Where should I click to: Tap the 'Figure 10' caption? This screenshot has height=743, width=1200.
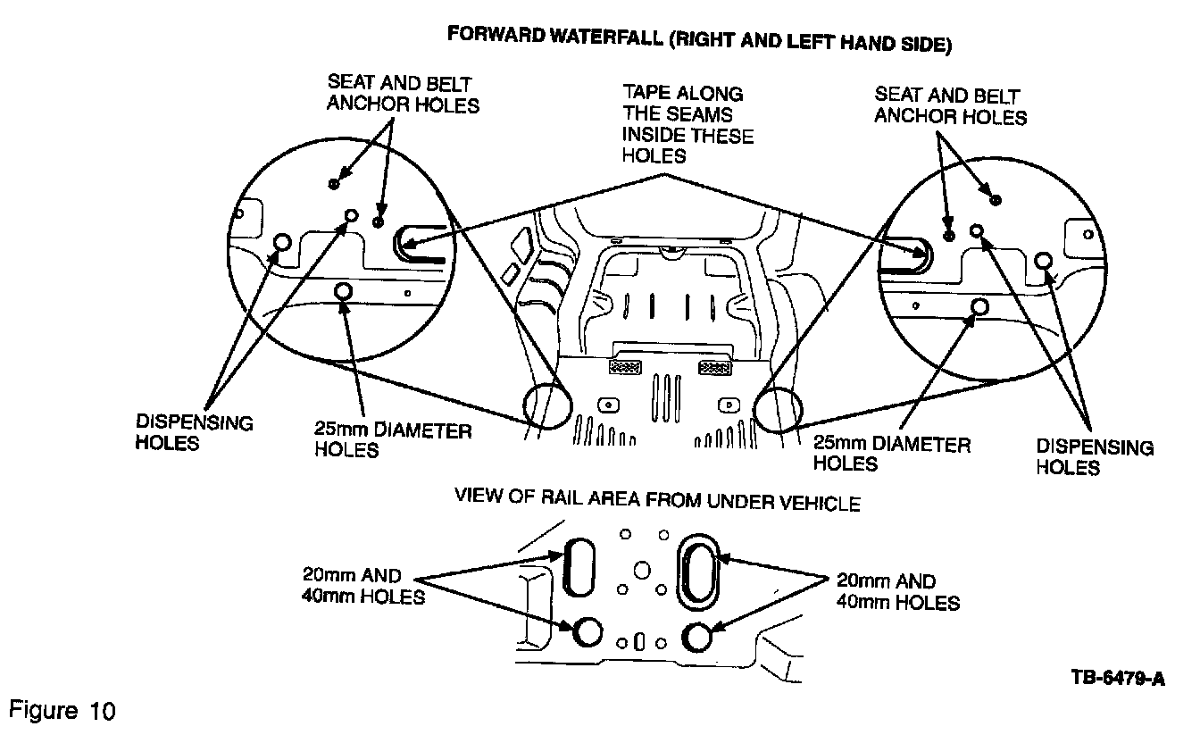coord(62,711)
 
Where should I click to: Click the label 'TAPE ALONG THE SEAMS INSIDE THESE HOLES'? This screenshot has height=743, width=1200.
coord(687,124)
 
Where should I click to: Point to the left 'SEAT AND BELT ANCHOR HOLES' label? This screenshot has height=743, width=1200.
coord(403,94)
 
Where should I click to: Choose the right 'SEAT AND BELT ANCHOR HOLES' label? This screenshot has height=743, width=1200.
coord(950,105)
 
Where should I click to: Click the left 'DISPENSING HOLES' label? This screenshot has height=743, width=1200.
coord(195,432)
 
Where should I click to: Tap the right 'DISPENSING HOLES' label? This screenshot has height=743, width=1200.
coord(1095,457)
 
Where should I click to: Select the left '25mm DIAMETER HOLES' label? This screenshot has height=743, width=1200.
coord(393,440)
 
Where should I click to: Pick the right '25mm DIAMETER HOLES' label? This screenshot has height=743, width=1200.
coord(891,453)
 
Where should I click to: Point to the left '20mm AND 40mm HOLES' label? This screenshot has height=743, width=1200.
coord(362,587)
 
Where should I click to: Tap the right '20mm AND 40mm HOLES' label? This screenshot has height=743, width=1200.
coord(897,592)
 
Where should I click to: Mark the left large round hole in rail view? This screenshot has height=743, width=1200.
coord(587,631)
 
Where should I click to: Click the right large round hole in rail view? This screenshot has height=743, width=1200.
coord(696,637)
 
